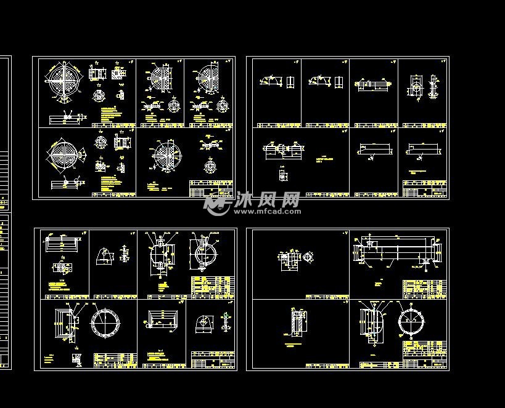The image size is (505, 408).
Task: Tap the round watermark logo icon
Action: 218,202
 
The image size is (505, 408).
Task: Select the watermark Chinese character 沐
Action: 246,199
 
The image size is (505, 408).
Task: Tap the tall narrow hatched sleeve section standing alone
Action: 297,322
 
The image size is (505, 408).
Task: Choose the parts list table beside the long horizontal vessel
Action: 424,289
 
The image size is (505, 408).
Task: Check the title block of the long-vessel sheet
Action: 425,363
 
